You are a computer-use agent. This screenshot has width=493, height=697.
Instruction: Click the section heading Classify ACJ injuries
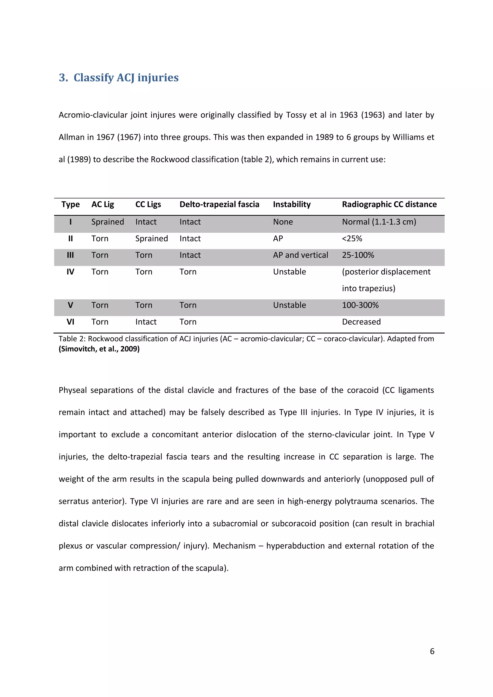click(118, 77)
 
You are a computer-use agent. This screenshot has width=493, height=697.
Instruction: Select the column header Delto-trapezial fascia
click(219, 204)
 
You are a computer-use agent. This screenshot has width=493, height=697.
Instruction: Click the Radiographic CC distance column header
click(389, 204)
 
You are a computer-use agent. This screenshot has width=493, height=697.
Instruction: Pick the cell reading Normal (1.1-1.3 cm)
click(379, 222)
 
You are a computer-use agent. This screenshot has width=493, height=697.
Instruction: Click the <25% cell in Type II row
click(352, 239)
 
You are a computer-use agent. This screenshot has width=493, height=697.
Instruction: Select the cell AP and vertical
click(300, 255)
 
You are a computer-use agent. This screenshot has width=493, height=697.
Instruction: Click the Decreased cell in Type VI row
click(361, 322)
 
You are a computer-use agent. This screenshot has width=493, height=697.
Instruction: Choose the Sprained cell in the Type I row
click(108, 222)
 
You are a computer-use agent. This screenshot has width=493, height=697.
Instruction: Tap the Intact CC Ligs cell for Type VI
click(146, 322)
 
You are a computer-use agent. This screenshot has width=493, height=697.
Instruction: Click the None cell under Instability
click(283, 222)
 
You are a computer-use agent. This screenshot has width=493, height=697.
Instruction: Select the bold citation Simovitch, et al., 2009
click(99, 349)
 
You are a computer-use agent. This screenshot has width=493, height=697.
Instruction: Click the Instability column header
click(291, 204)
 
